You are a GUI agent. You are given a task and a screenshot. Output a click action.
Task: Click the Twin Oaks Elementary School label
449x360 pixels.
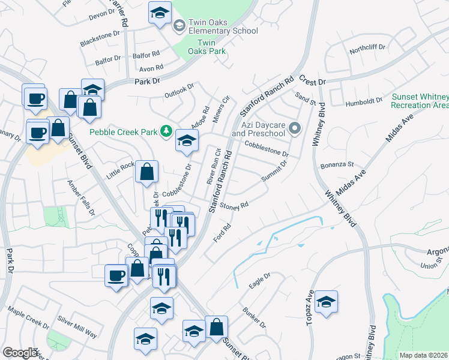click(x=223, y=26)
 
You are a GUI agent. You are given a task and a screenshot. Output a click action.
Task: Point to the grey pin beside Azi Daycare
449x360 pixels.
click(x=295, y=128)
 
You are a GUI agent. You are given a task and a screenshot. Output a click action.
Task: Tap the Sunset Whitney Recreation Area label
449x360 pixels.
click(x=419, y=101)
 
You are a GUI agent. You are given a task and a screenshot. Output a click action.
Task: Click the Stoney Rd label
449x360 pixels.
click(x=234, y=206)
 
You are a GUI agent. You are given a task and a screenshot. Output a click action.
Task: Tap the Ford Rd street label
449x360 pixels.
click(x=223, y=233)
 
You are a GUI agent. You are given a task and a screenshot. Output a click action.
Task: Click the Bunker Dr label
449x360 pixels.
click(x=254, y=317)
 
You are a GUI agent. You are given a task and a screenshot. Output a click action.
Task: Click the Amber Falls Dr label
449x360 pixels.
click(x=81, y=198)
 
